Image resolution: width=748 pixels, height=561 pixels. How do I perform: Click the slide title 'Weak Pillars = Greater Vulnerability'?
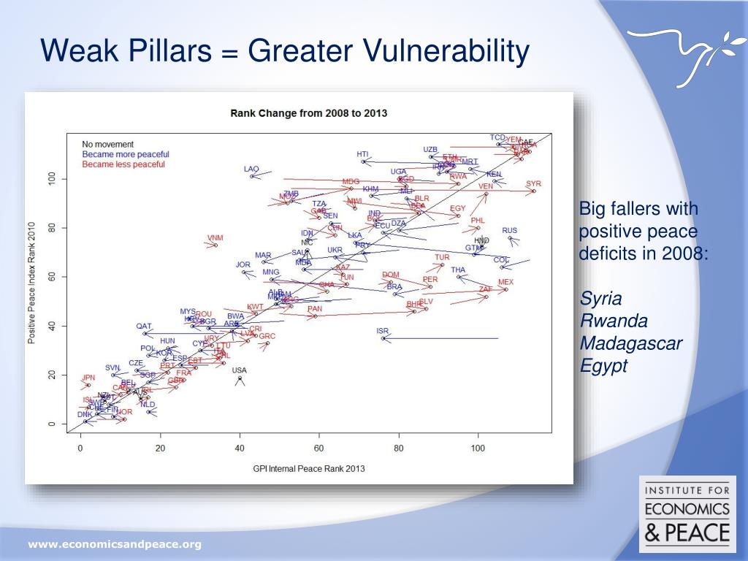(285, 52)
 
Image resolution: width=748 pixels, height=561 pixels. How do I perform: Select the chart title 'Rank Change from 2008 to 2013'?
(308, 113)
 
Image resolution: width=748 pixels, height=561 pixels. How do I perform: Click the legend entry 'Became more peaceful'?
(125, 154)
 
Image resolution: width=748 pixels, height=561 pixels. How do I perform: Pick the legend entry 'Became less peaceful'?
(123, 164)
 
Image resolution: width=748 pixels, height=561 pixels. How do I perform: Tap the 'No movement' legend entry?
(107, 144)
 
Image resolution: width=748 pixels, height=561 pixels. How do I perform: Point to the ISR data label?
(383, 331)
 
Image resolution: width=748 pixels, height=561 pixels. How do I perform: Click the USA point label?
(240, 370)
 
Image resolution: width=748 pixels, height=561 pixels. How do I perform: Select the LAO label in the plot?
(251, 169)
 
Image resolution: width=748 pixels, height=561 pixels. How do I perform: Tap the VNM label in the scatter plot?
(215, 237)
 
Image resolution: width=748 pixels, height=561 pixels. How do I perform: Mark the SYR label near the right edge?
(533, 183)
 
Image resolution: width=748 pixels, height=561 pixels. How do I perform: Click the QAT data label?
(144, 326)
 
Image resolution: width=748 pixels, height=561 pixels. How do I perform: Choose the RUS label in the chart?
(509, 231)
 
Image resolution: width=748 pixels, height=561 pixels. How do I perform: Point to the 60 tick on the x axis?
(318, 449)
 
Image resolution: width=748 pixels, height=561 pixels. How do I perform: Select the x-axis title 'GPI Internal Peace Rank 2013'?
(308, 468)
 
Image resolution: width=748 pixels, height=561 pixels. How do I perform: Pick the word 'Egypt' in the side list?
(603, 366)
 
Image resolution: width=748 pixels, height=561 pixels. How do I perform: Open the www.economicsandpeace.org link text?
(114, 544)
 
